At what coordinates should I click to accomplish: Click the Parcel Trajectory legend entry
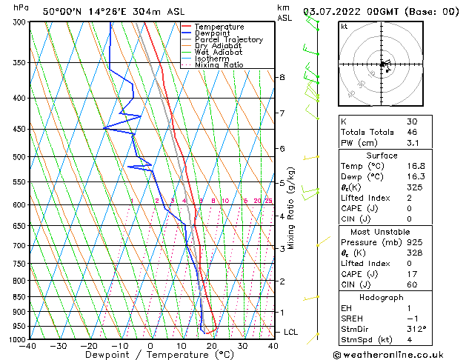[228, 40]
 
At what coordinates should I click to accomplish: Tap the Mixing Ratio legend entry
[219, 65]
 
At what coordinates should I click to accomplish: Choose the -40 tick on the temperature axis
[28, 346]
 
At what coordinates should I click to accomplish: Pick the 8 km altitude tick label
[282, 77]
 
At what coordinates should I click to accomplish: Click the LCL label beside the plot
[290, 332]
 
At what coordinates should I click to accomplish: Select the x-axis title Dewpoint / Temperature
[150, 355]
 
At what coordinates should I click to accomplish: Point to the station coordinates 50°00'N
[61, 11]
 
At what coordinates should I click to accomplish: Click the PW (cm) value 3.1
[412, 144]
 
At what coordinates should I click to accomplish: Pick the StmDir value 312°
[416, 328]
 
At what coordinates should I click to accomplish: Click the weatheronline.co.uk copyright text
[393, 353]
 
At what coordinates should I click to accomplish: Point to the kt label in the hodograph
[344, 26]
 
